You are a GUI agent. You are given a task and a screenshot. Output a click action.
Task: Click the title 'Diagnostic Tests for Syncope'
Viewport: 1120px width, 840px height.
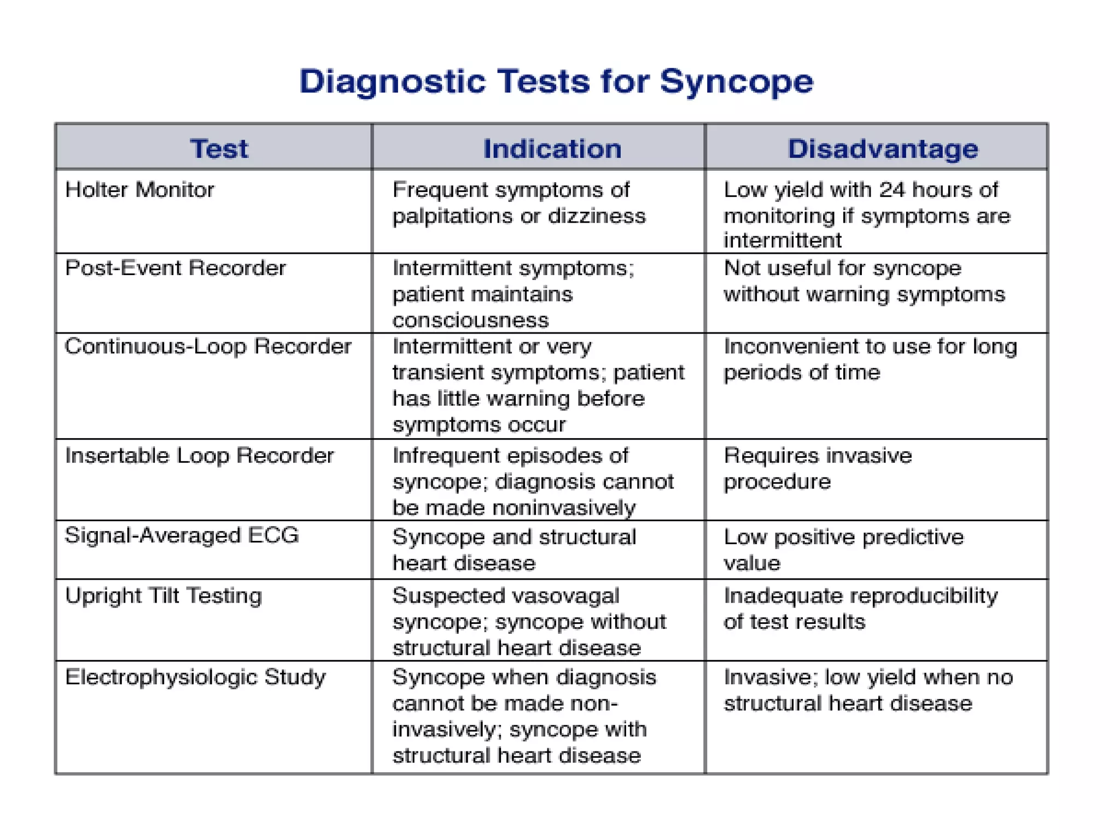pos(556,82)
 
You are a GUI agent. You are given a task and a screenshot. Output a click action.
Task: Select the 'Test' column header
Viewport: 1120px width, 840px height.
pos(219,149)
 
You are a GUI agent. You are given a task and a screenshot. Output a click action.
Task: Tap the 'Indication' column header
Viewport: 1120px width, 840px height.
pos(552,149)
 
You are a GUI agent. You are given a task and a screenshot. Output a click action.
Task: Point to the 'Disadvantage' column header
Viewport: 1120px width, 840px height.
pos(883,149)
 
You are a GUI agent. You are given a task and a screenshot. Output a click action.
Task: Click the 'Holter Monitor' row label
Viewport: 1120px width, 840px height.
pos(139,190)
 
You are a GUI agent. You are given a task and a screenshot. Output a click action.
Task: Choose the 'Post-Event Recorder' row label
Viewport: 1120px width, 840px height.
pos(175,268)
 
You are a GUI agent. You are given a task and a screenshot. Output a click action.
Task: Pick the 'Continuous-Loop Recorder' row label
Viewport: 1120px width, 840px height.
pos(208,346)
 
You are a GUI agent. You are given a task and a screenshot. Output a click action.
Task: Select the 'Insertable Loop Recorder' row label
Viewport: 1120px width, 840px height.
pos(199,456)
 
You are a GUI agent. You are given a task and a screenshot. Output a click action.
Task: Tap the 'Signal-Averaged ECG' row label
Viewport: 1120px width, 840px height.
pos(182,535)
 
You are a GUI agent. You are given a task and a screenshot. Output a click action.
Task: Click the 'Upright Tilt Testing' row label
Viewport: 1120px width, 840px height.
pos(164,596)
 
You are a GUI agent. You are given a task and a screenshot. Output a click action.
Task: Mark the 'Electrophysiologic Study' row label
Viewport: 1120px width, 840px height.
pos(195,677)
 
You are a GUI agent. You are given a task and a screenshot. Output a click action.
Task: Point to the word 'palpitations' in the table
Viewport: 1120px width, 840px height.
pos(452,216)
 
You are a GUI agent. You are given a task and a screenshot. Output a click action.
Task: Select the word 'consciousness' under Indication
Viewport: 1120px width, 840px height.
pos(470,320)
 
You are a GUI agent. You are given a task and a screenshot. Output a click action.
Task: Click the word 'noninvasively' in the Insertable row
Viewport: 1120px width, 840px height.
pos(564,508)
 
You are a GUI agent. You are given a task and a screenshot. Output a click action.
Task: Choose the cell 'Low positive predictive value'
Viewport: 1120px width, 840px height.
pos(844,550)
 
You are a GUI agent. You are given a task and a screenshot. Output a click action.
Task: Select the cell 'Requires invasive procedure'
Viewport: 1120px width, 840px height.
pos(818,469)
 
